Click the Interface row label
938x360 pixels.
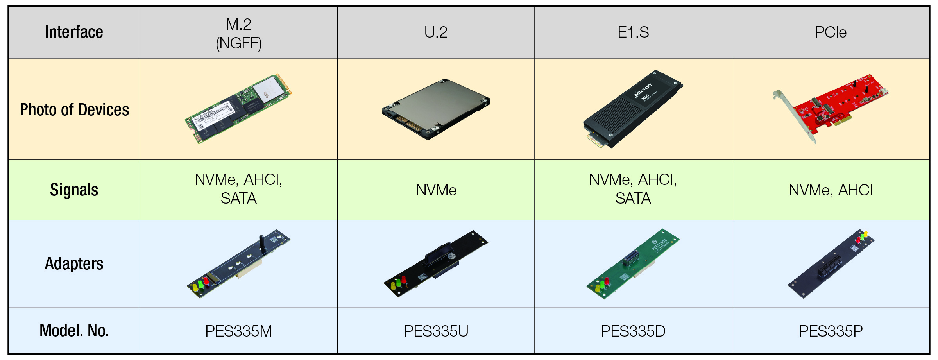[74, 32]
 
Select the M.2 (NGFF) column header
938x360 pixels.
[238, 34]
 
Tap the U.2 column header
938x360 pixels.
[436, 32]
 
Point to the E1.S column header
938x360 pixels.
[633, 32]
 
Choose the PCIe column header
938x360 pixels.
[831, 32]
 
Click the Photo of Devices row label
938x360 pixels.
[74, 110]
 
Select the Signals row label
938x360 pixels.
[74, 190]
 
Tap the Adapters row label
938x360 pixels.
[74, 264]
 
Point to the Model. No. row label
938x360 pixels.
[74, 331]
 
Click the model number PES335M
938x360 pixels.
[238, 331]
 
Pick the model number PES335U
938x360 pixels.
[436, 331]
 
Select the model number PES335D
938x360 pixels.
[633, 331]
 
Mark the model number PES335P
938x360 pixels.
[831, 331]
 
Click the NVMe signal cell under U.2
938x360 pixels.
[436, 190]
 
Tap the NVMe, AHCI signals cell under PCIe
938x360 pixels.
[831, 190]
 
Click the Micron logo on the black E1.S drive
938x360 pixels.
[643, 90]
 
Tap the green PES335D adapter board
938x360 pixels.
[633, 264]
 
